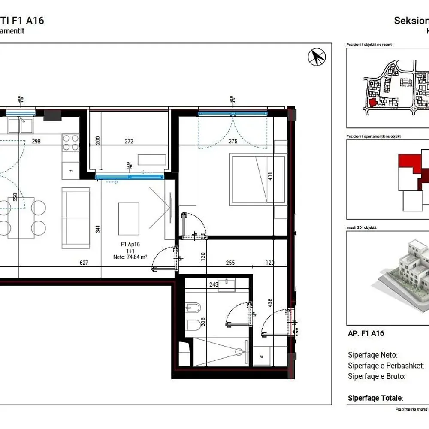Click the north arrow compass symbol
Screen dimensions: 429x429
click(317, 57)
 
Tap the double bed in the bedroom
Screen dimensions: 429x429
click(257, 179)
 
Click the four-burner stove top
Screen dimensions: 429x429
click(71, 142)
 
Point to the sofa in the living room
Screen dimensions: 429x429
click(76, 218)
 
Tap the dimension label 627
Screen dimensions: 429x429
click(84, 263)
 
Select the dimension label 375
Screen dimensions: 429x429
click(233, 142)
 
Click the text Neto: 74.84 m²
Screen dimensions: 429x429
click(130, 257)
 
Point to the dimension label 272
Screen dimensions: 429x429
click(129, 142)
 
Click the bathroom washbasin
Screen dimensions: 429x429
click(226, 285)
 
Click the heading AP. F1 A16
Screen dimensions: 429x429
click(366, 333)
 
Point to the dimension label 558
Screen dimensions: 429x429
click(15, 197)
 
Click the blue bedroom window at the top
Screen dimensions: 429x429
click(233, 113)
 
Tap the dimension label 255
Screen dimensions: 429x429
click(230, 263)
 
